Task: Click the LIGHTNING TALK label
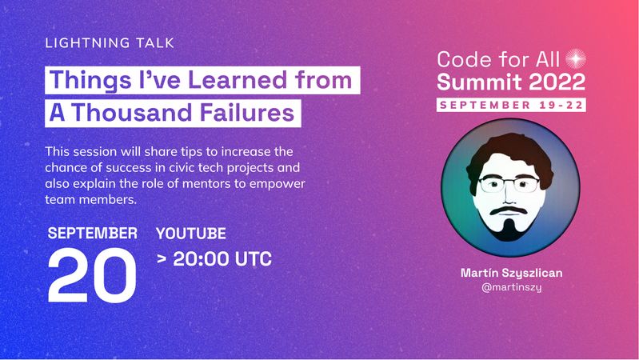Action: point(110,43)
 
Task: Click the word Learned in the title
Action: point(238,79)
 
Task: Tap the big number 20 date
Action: point(92,275)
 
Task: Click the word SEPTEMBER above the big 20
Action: point(93,234)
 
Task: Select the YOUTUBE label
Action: point(190,234)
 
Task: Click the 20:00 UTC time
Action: point(222,259)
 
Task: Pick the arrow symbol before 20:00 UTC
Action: point(162,258)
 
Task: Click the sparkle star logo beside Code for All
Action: point(576,59)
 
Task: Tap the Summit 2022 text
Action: point(511,82)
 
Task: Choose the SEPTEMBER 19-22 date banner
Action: point(511,105)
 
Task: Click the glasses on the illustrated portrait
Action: point(509,184)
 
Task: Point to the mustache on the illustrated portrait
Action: point(508,210)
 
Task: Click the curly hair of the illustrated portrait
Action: point(510,153)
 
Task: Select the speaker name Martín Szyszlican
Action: point(512,273)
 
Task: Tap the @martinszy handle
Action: point(512,287)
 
